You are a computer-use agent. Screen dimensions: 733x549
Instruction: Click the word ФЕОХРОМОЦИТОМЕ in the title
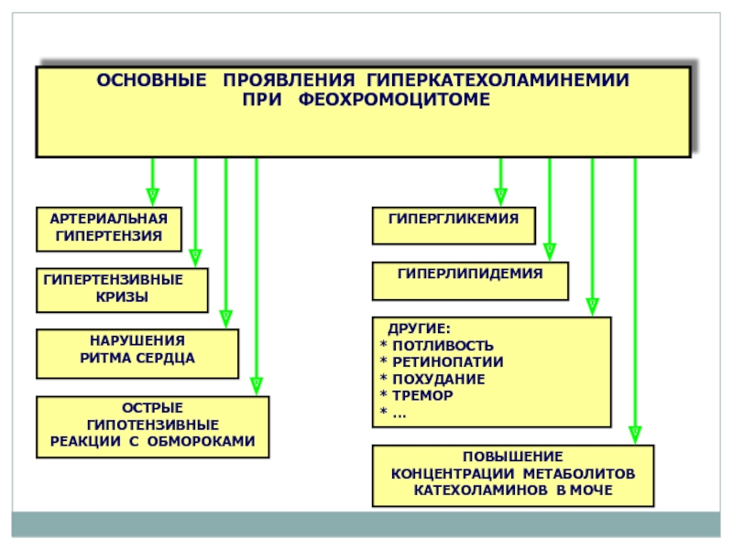(x=394, y=99)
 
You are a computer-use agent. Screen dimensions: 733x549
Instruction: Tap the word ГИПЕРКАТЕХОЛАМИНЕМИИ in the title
(x=498, y=80)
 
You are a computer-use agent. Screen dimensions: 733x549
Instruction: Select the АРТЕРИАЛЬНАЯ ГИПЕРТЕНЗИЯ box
(x=109, y=230)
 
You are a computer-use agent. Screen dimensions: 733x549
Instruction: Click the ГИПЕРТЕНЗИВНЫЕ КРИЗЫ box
(x=122, y=290)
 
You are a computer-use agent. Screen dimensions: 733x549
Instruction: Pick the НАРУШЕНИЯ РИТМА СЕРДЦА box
(x=137, y=353)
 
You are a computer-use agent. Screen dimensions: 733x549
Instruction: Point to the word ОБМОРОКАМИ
(x=201, y=441)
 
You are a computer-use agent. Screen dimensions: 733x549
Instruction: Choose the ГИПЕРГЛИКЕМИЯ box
(x=454, y=225)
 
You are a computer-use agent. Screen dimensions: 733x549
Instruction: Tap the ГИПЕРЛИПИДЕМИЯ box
(x=470, y=281)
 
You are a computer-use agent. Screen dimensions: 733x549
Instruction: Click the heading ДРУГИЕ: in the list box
(x=419, y=328)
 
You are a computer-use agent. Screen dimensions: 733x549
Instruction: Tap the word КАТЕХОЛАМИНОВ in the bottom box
(x=481, y=490)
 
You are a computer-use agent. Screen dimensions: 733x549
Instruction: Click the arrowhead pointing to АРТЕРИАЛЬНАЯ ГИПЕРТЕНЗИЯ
(x=152, y=197)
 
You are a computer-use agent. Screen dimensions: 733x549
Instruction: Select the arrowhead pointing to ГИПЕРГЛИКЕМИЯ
(x=500, y=197)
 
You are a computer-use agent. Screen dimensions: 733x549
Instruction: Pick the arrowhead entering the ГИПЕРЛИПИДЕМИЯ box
(x=550, y=252)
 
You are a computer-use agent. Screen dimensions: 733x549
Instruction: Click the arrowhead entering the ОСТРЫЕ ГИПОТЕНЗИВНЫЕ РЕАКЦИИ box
(x=257, y=386)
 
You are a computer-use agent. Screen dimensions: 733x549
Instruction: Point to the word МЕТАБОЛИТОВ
(x=579, y=474)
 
